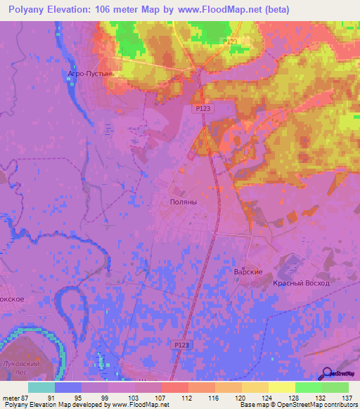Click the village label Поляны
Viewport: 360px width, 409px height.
point(184,201)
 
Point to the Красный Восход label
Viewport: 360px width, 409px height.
point(301,283)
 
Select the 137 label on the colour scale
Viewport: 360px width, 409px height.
point(346,398)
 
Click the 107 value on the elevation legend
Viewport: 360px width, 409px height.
point(161,398)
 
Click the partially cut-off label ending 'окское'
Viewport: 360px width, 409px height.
point(12,299)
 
